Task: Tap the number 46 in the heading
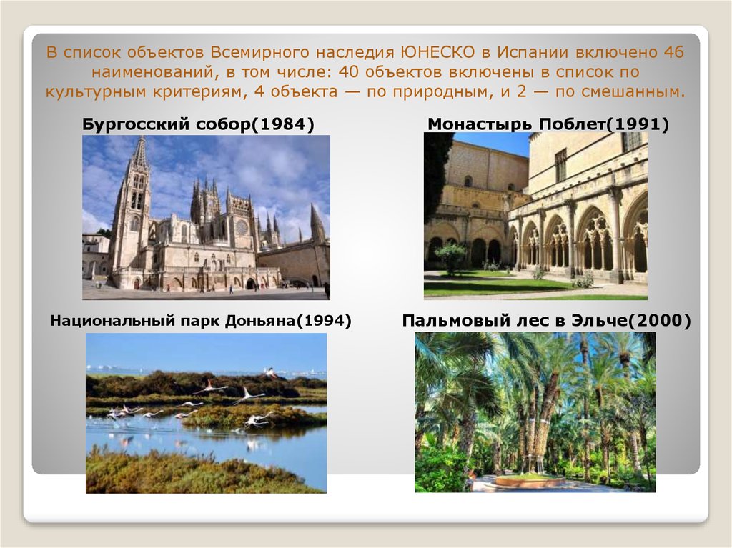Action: [x=673, y=52]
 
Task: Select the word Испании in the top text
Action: [x=532, y=52]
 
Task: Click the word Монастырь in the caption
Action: [x=480, y=125]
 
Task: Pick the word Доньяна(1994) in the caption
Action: [x=288, y=321]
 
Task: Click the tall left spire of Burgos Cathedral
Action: [x=139, y=154]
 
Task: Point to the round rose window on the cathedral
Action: [x=242, y=228]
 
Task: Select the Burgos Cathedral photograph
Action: [x=207, y=217]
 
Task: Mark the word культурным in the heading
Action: [x=97, y=91]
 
